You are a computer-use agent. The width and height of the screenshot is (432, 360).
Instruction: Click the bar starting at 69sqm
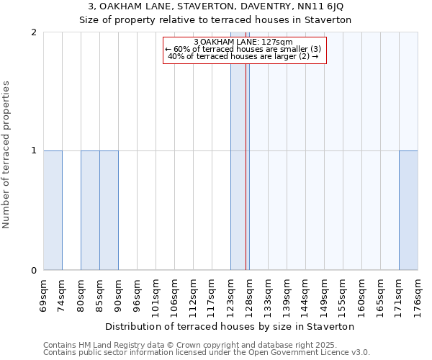click(53, 210)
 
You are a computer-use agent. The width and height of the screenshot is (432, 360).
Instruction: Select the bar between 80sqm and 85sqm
click(90, 210)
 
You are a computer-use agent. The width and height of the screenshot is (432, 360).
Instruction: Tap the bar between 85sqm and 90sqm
click(109, 210)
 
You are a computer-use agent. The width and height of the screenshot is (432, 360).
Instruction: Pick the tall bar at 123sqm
click(238, 151)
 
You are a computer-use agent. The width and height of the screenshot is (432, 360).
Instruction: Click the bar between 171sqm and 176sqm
click(408, 210)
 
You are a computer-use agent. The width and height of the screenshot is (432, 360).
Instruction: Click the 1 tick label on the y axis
click(34, 150)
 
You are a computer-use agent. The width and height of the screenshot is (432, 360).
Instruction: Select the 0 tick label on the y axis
click(34, 271)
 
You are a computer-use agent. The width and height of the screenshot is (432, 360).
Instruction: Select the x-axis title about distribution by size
click(230, 326)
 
